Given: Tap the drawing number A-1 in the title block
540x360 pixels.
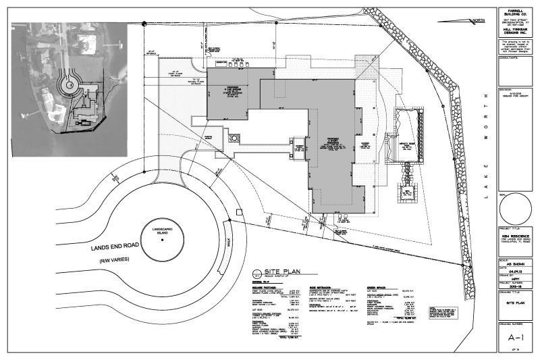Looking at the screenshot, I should coord(516,334).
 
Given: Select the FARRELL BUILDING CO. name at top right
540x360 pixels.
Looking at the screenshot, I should coord(516,13).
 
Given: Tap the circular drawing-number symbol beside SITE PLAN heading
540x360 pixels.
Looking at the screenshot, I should coord(256,274).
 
